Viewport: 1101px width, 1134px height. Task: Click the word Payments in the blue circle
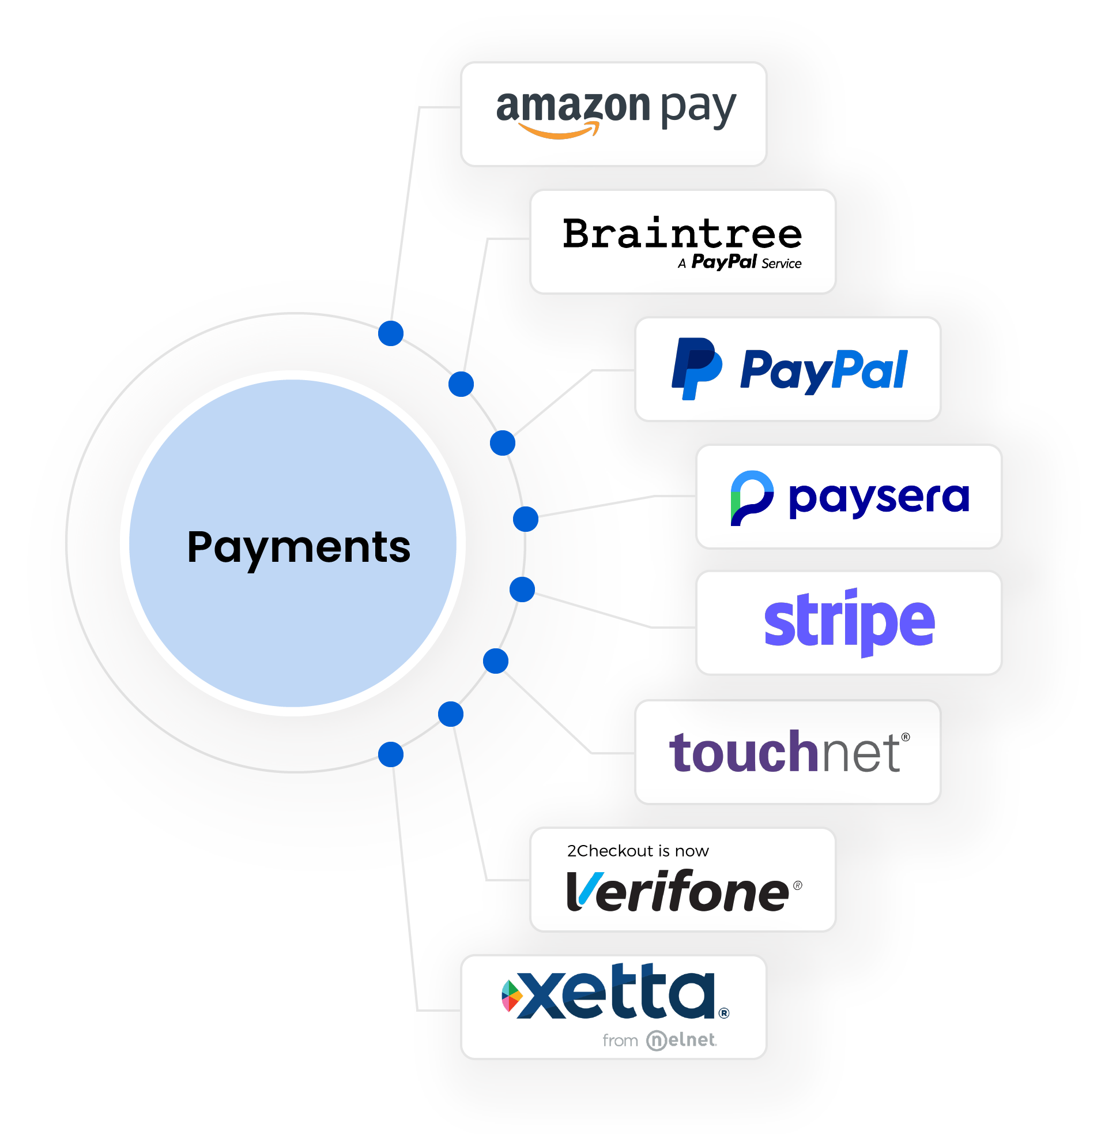tap(299, 547)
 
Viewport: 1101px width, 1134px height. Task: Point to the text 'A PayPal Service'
tap(740, 262)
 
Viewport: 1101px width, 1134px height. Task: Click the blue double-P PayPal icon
tap(696, 369)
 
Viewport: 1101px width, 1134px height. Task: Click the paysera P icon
tap(751, 498)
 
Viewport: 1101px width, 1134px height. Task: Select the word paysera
tap(878, 498)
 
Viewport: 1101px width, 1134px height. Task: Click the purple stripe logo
tap(849, 622)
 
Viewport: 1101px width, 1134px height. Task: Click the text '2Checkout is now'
tap(637, 850)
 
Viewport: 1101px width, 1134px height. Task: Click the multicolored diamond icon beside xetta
tap(511, 996)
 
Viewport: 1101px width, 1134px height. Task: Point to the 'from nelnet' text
tap(659, 1041)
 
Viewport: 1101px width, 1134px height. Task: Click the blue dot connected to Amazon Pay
tap(391, 333)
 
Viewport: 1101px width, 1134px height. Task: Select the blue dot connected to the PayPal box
tap(503, 443)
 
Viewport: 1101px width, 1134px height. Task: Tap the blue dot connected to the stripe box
tap(522, 589)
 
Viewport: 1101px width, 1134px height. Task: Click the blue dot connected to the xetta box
tap(391, 754)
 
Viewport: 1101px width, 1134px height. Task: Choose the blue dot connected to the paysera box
tap(526, 519)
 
